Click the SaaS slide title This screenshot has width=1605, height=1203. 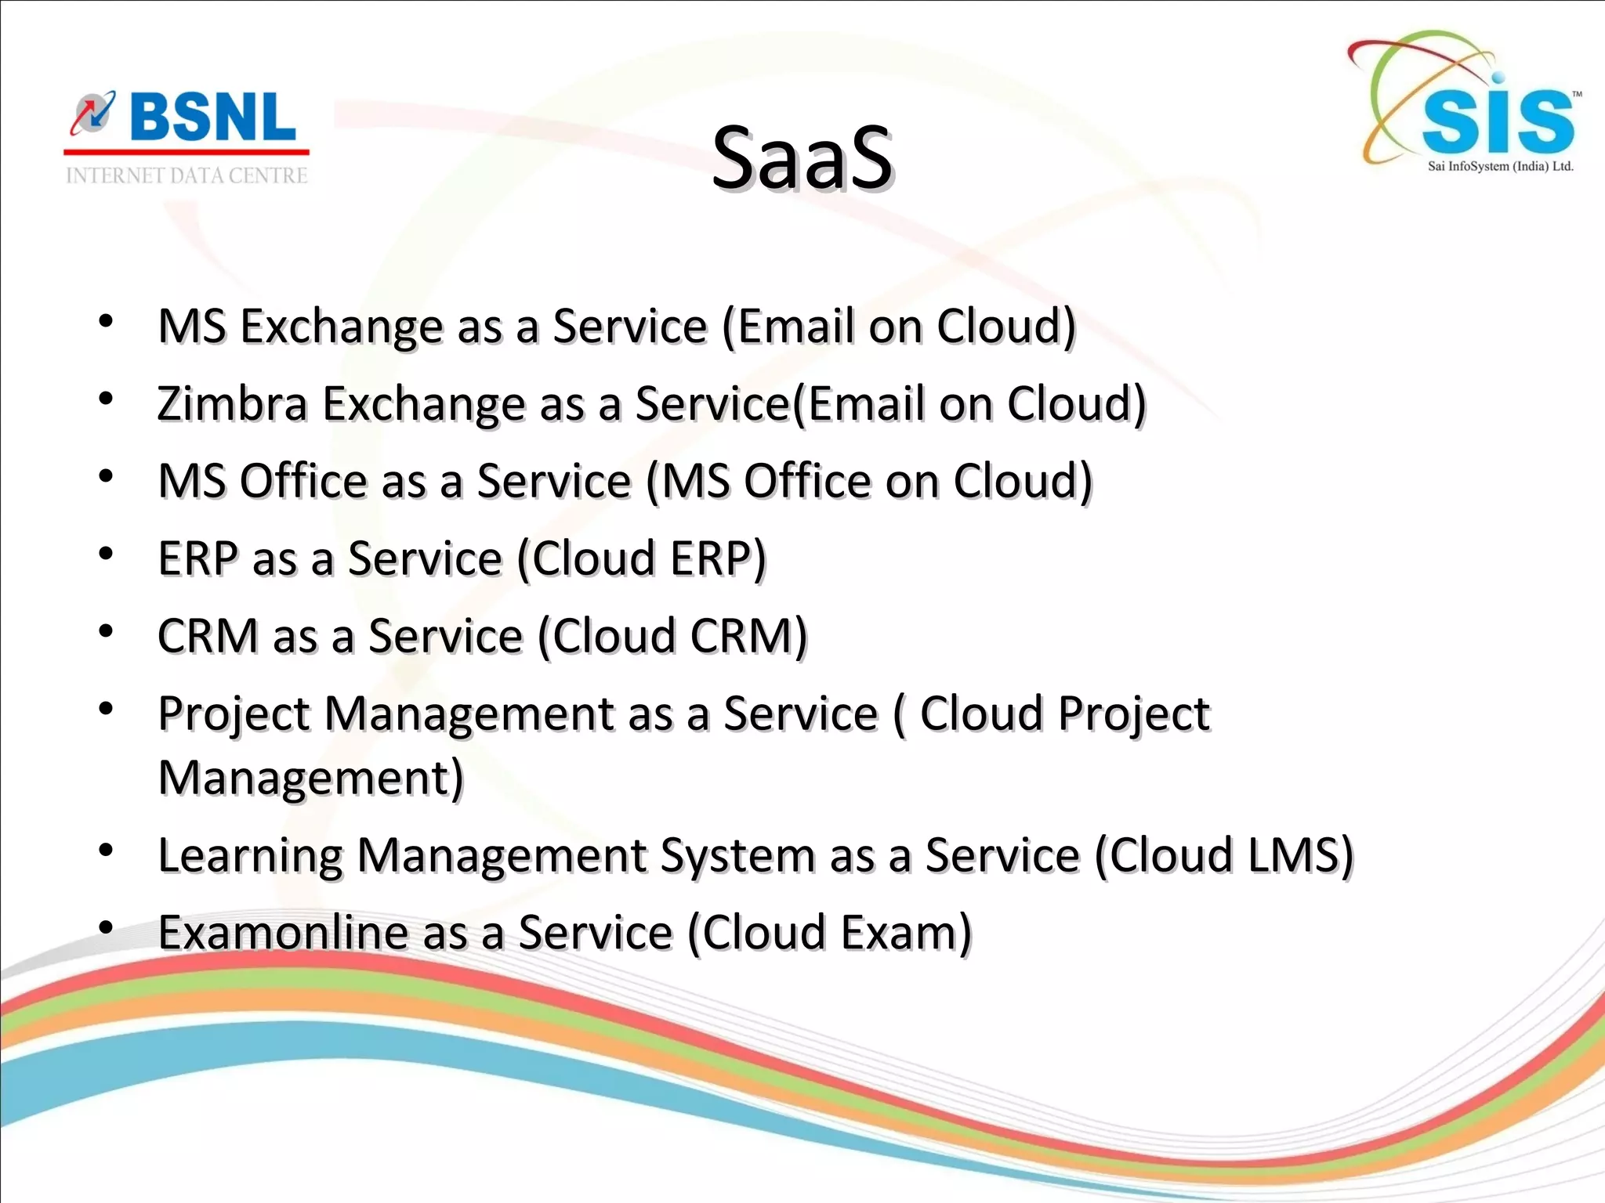pos(802,158)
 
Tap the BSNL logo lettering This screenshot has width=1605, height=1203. pos(212,117)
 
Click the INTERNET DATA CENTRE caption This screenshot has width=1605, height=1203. pos(187,175)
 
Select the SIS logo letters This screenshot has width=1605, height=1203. pos(1497,121)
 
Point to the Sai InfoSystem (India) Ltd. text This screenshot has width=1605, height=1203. pos(1500,166)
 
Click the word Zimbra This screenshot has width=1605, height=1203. pos(232,404)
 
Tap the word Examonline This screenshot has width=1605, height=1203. pos(281,933)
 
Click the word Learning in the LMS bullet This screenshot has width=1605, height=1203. pos(250,855)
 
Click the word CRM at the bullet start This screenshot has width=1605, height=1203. pos(208,636)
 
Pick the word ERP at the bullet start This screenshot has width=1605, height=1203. pos(197,559)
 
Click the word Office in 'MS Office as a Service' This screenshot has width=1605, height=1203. pos(303,481)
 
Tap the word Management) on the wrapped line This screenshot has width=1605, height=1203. pos(311,779)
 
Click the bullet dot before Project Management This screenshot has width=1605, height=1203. pos(107,709)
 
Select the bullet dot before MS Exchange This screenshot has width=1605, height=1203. pos(107,321)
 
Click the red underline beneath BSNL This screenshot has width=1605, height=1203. pos(187,152)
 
